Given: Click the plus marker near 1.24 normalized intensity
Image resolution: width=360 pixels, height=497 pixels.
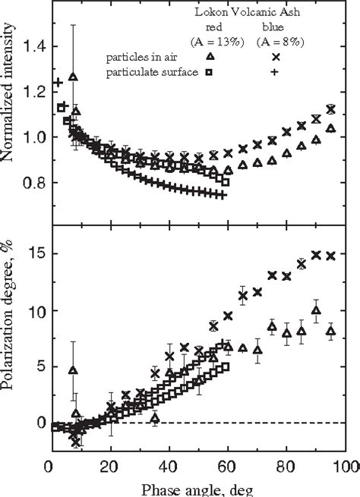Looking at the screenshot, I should coord(57,82).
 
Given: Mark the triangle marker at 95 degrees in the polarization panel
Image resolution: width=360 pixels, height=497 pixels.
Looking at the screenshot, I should coord(330,331).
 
